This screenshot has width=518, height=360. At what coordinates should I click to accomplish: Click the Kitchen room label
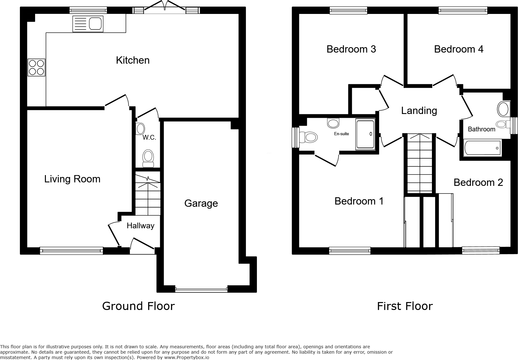pos(133,60)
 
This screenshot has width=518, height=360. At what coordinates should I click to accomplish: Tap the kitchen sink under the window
pos(88,24)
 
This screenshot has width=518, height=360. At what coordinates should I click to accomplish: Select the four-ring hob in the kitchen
pos(36,67)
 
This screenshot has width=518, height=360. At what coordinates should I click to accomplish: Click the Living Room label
pos(72,179)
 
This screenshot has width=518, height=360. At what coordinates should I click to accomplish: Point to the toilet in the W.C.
pos(148,158)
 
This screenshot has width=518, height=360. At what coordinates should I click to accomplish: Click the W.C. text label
pos(149,137)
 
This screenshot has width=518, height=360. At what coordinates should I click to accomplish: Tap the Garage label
pos(201,203)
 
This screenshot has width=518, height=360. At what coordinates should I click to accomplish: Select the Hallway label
pos(140,226)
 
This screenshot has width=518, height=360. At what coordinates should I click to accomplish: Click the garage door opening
pos(201,289)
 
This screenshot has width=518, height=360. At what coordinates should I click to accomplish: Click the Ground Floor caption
pos(138,306)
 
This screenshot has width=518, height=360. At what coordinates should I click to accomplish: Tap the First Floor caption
pos(405,306)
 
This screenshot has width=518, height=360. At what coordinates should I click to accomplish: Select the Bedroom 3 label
pos(351,49)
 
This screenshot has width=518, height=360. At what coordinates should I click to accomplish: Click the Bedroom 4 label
pos(459,49)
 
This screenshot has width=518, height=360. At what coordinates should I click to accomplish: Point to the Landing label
pos(419,111)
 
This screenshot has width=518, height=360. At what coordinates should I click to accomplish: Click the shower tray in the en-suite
pos(365,134)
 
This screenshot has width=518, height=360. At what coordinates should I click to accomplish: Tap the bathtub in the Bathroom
pos(482,148)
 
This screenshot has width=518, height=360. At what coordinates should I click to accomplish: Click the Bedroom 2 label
pos(478,182)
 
